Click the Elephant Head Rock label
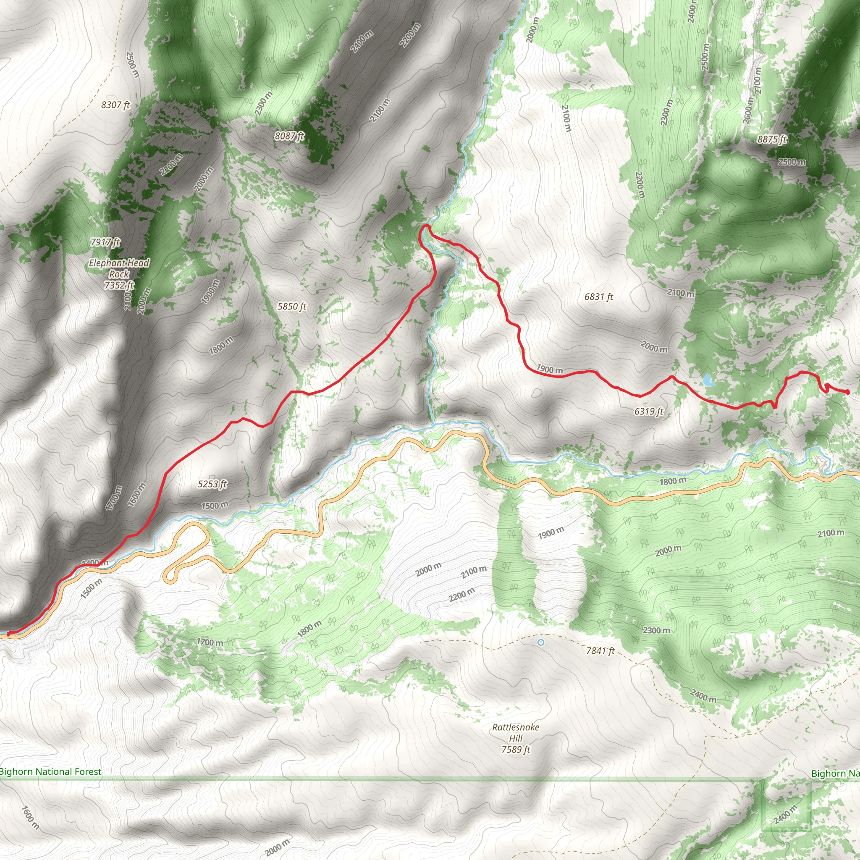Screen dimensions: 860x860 pos(119,268)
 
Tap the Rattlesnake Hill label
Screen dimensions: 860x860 pos(516,733)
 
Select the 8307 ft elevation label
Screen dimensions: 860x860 pos(115,105)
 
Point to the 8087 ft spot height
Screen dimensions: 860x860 pos(289,136)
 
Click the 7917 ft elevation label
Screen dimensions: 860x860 pos(105,242)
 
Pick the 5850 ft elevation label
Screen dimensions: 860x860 pos(291,306)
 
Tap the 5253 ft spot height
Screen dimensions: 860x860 pos(212,484)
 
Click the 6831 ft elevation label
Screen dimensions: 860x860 pos(599,296)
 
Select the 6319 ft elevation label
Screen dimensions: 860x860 pos(648,411)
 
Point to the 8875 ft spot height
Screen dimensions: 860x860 pos(772,139)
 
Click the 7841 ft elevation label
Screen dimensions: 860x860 pos(600,651)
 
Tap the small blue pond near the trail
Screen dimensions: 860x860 pos(707,380)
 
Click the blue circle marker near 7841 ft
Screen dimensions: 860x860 pos(541,642)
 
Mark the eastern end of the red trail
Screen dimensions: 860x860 pos(847,392)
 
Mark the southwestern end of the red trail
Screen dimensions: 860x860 pos(9,633)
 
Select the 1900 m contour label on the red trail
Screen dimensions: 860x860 pos(550,369)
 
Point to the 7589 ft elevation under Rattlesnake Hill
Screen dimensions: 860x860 pos(516,750)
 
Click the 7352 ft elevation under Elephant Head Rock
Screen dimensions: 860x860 pos(119,285)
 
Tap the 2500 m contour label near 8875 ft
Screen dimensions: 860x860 pos(792,162)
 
